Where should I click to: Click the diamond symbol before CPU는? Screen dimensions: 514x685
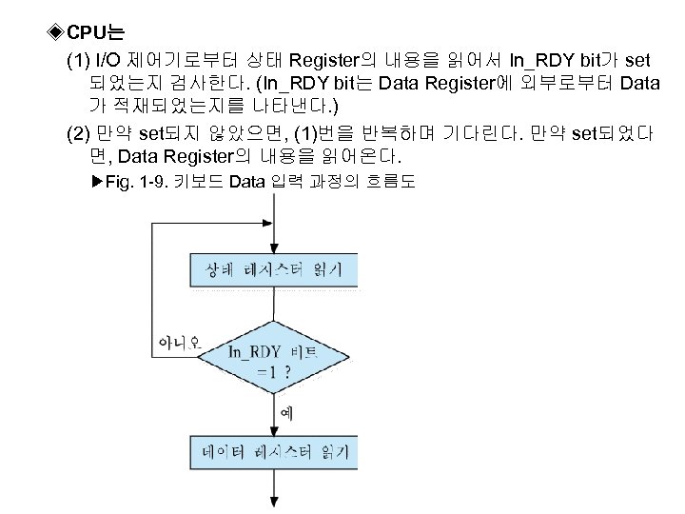tap(55, 35)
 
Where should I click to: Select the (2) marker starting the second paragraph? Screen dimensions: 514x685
tap(80, 131)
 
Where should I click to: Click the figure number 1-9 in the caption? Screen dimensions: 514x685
tap(147, 181)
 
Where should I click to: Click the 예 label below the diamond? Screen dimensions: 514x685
tap(287, 411)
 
